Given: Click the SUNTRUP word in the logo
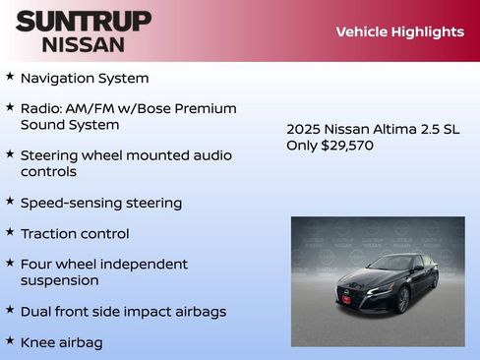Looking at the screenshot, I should point(83,21).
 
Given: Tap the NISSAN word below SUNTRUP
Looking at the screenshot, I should point(83,44).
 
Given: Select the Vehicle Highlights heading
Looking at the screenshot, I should point(399,31).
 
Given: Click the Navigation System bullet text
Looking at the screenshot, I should point(85,78).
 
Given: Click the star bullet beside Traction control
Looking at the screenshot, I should point(10,233).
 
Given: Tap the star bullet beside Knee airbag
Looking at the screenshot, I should point(10,341).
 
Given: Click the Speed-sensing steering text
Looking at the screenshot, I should point(101,203).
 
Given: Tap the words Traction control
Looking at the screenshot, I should point(75,234).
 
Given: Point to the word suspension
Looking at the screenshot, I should point(59,280).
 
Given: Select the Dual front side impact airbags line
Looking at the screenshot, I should point(123,312).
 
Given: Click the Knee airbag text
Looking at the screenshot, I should point(61,342).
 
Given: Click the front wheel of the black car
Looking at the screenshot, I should point(402,299).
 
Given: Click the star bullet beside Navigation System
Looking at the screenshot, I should point(10,77).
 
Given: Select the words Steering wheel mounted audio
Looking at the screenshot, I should point(126,155).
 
